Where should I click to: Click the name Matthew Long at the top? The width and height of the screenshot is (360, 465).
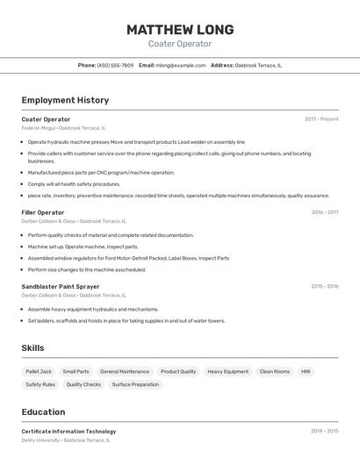pos(180,29)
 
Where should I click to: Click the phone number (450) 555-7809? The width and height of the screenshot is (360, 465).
pos(115,65)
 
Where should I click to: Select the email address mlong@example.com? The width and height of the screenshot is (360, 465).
pos(180,65)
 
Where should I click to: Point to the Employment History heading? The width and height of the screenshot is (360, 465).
pos(65,100)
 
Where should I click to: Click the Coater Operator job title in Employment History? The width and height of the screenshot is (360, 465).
pos(46,119)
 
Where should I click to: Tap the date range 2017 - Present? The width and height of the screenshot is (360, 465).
pos(321,119)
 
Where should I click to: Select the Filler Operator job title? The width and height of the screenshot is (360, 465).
pos(43,212)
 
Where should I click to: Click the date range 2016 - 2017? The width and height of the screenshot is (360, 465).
pos(324,212)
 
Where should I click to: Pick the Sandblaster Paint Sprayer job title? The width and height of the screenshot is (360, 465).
pos(61,286)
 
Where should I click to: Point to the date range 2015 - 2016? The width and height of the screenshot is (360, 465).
pos(324,286)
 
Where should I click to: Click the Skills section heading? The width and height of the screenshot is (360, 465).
pos(33,348)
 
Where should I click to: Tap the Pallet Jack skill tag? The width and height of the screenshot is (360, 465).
pos(39,371)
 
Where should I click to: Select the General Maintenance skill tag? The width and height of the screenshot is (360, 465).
pos(125,371)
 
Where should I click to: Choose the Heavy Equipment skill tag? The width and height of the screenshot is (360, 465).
pos(227,371)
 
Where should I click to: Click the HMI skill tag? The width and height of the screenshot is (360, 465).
pos(306,371)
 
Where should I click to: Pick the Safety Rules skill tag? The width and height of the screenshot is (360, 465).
pos(40,384)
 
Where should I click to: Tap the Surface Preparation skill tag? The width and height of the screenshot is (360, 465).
pos(135,384)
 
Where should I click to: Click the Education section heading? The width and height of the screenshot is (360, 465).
pos(43,412)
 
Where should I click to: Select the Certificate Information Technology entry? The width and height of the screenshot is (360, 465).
pos(68,432)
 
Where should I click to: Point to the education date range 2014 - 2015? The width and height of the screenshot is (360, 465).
pos(324,432)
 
